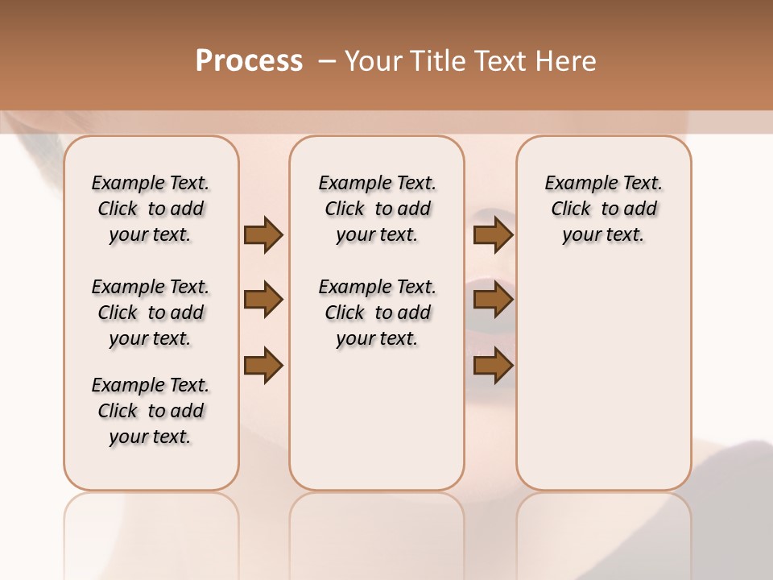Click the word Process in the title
tap(249, 60)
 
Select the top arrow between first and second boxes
tap(263, 234)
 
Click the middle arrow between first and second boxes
tap(263, 300)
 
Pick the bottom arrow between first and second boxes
tap(263, 365)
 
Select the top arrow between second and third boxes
tap(493, 234)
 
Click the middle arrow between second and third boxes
tap(493, 300)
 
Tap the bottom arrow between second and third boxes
tap(493, 365)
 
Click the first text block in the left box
tap(151, 209)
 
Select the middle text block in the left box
tap(151, 313)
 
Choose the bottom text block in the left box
tap(151, 411)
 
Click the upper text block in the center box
tap(377, 209)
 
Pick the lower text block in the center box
tap(377, 313)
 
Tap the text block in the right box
tap(603, 209)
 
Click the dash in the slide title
tap(327, 60)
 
